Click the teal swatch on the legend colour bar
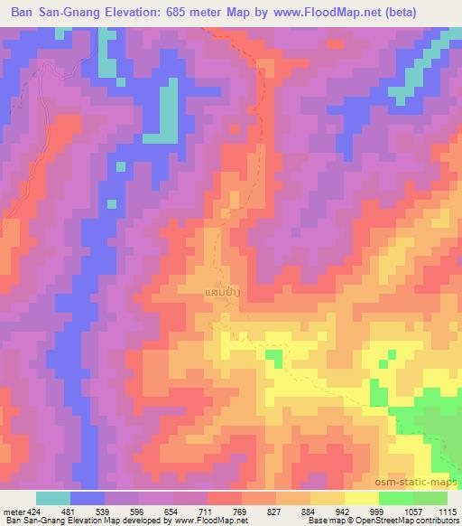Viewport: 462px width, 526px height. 53,497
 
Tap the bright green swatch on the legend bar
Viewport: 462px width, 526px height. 395,497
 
